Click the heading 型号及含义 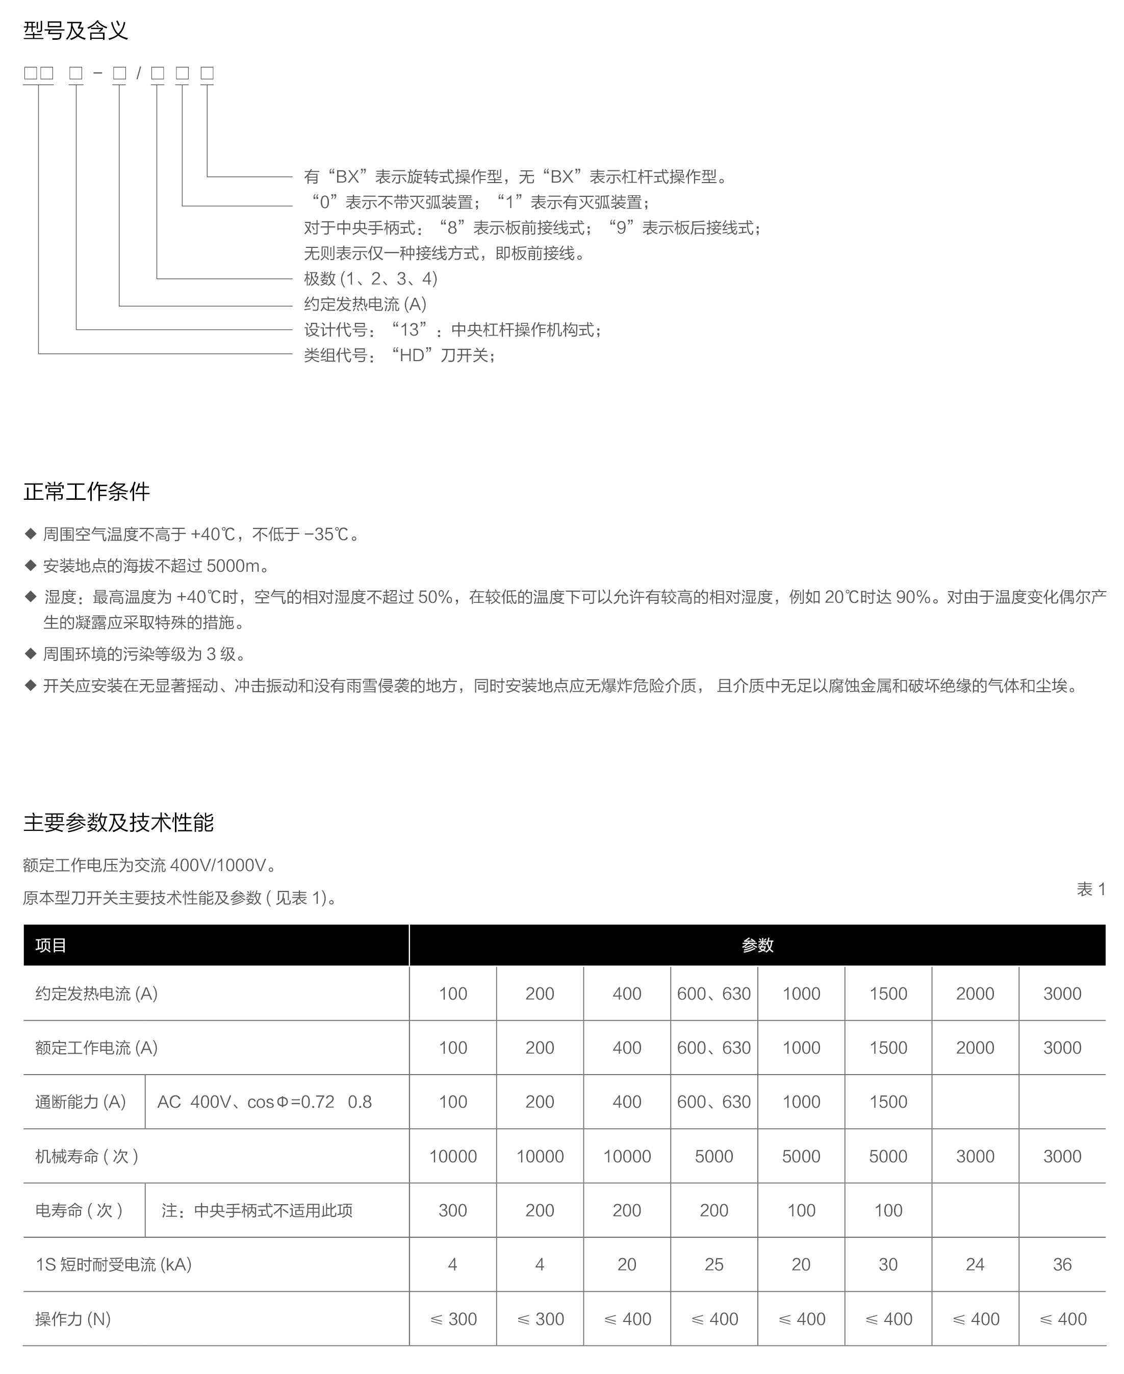[76, 31]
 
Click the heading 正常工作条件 [87, 492]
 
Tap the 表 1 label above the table [1091, 889]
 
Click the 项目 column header [51, 946]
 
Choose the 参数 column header [757, 946]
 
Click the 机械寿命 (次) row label [87, 1156]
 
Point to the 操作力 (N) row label [73, 1319]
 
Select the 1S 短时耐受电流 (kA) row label [113, 1264]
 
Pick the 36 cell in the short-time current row [1062, 1264]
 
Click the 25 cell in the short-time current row [713, 1264]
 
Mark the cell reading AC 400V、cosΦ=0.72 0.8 [264, 1102]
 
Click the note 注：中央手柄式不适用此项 [257, 1210]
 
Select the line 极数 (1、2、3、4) [371, 278]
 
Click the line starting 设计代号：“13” [453, 329]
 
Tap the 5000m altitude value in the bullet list [233, 566]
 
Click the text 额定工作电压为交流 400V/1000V [149, 865]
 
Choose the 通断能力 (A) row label [80, 1102]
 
